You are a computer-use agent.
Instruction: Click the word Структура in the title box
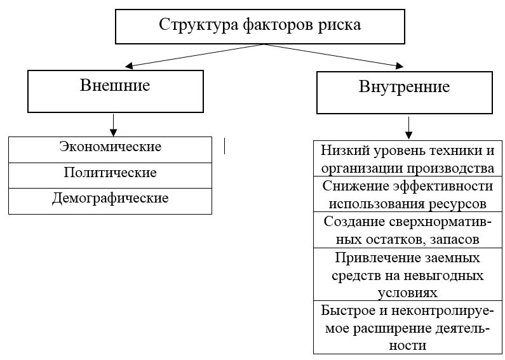(x=199, y=25)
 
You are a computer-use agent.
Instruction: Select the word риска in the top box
(x=339, y=25)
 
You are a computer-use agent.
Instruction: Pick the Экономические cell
(x=110, y=148)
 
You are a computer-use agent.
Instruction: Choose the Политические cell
(x=110, y=173)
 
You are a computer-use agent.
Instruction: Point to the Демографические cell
(x=110, y=199)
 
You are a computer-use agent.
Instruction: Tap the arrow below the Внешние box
(x=113, y=124)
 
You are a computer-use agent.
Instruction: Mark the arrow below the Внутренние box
(x=409, y=127)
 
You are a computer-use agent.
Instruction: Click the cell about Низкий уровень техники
(x=407, y=160)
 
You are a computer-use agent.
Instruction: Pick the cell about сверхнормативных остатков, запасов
(x=407, y=230)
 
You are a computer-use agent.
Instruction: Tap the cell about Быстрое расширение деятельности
(x=407, y=328)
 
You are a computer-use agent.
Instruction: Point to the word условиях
(x=407, y=294)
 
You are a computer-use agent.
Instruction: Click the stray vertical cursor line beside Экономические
(x=224, y=146)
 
